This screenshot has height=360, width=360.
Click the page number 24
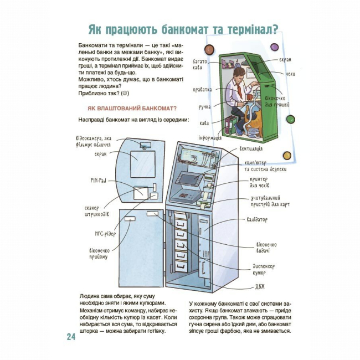point(70,337)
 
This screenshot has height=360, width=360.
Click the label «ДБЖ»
point(260,286)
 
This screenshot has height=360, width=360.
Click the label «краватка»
point(202,89)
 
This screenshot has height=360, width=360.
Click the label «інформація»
point(210,137)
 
